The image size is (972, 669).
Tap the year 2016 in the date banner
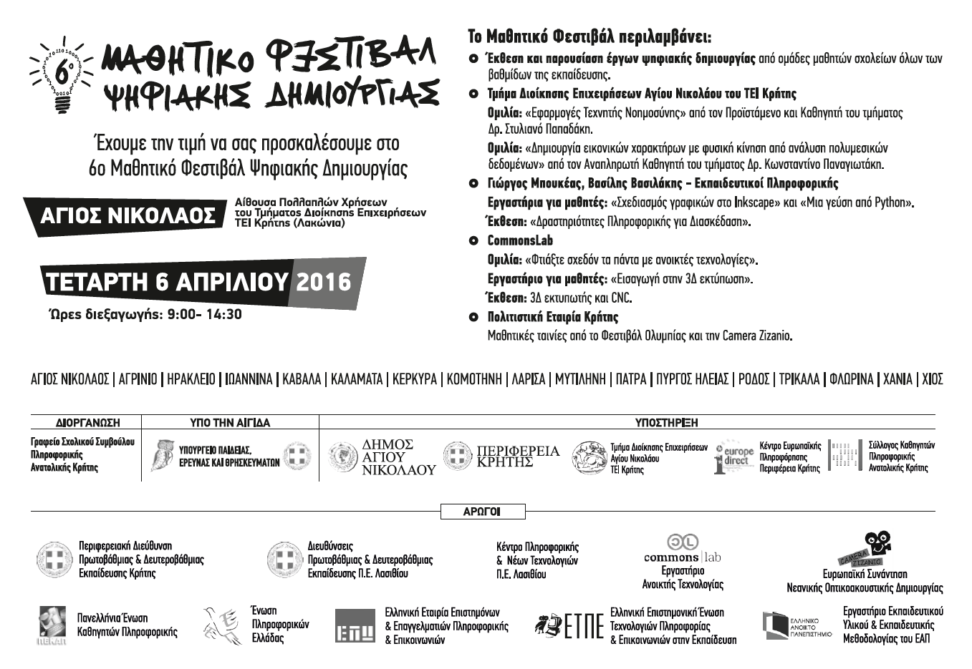tap(324, 281)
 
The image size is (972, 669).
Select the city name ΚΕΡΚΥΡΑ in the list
tap(414, 379)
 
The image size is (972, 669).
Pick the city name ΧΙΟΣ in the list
tap(933, 379)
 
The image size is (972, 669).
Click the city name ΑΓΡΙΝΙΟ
tap(138, 379)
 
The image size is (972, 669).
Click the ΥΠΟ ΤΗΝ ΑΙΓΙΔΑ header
tap(230, 423)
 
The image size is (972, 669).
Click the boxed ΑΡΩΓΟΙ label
tap(481, 512)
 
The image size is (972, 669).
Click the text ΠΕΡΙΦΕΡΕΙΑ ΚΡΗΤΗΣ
tap(518, 456)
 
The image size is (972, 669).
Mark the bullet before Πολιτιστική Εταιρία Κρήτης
tap(473, 317)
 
